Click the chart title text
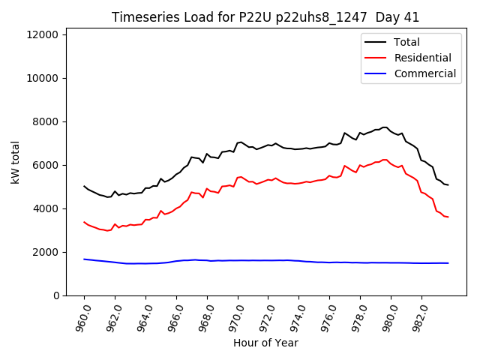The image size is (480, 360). (x=265, y=17)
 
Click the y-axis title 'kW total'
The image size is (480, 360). (x=16, y=162)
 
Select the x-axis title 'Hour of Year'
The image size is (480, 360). (x=265, y=343)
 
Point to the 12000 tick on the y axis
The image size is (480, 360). (x=45, y=34)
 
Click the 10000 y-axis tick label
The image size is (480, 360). (x=45, y=78)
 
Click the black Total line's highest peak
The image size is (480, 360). (x=385, y=127)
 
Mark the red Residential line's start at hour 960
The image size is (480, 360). (x=84, y=222)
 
